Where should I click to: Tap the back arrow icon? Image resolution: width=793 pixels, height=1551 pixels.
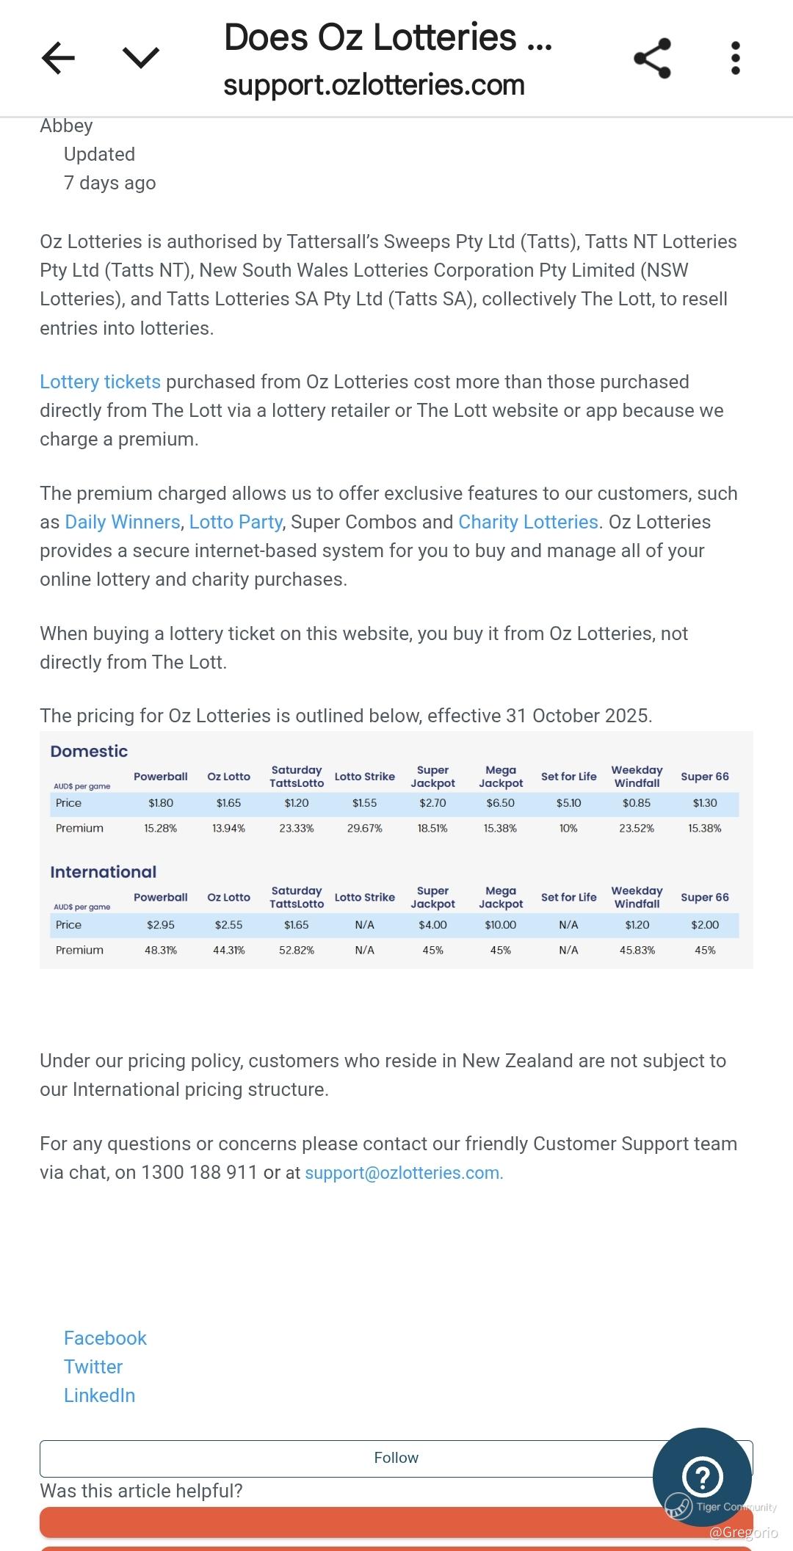point(59,58)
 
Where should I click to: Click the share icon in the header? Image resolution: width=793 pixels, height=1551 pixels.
point(652,58)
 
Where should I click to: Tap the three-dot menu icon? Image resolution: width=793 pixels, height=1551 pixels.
point(735,58)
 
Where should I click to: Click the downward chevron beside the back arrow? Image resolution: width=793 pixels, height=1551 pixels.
point(141,58)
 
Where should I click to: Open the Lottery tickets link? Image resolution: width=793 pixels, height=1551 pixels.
point(100,382)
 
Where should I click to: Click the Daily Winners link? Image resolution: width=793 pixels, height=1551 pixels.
point(123,522)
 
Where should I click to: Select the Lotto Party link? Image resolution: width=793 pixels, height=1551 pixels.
point(236,522)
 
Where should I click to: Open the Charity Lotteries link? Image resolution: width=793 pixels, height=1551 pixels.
point(529,522)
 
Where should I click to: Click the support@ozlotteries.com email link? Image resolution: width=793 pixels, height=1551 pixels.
point(404,1173)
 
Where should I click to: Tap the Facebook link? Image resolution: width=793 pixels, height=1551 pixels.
point(105,1338)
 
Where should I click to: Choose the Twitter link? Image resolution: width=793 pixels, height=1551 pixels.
point(93,1367)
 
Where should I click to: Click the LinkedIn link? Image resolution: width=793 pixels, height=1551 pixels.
point(99,1395)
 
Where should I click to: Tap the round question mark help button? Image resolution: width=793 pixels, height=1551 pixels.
point(702,1477)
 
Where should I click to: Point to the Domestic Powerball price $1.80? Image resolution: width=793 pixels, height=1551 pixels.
point(161,803)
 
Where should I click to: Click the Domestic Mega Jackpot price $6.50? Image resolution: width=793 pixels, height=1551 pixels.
point(500,803)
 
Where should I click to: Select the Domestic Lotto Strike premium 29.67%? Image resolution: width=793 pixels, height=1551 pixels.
point(364,828)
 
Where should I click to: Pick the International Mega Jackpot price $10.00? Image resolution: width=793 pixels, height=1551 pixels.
point(500,925)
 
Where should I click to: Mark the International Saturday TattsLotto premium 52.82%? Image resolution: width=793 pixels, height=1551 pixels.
point(296,950)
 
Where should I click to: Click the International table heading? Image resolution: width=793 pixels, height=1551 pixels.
point(103,872)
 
